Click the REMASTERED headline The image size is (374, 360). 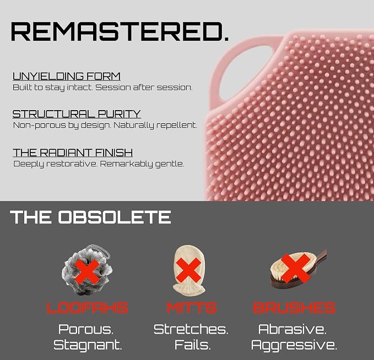coord(120,32)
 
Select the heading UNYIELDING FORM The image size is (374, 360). coord(67,77)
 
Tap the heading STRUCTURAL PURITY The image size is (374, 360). coord(77,114)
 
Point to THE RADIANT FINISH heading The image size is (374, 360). coord(73,152)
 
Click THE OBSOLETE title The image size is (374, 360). coord(90,217)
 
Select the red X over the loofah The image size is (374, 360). coord(87,271)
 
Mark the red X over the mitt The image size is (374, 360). coord(189,270)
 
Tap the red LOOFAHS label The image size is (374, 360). coord(87,308)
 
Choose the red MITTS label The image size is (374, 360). coord(192,308)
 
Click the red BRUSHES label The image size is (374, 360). coord(294,308)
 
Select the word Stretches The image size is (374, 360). coord(191,329)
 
